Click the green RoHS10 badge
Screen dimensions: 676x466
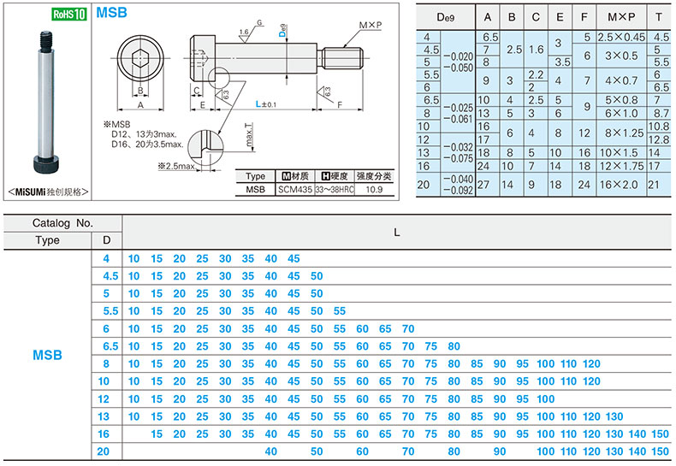click(69, 14)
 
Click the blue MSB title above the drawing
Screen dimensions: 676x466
click(111, 13)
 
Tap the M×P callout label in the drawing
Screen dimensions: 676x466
click(371, 26)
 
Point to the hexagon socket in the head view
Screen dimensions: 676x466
click(140, 58)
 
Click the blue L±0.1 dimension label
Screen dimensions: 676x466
click(265, 103)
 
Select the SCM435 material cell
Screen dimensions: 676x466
click(295, 190)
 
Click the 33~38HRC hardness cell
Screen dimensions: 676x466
click(335, 190)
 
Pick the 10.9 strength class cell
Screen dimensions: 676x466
click(374, 190)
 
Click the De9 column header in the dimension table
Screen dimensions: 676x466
click(445, 17)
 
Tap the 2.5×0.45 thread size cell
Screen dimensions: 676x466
click(621, 37)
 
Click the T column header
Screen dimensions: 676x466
click(658, 17)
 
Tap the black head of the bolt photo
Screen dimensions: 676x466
click(46, 163)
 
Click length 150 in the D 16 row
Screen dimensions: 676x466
click(660, 434)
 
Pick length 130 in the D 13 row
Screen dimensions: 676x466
click(614, 416)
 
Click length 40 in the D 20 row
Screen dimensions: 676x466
click(270, 451)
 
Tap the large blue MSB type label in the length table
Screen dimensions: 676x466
click(47, 355)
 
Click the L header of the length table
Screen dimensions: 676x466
click(397, 233)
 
